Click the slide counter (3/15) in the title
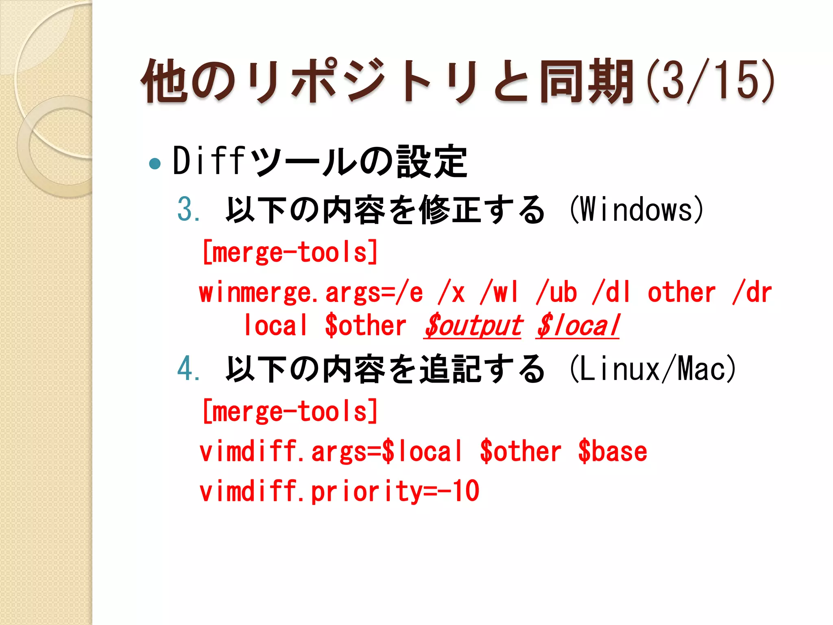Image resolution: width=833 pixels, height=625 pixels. pyautogui.click(x=710, y=80)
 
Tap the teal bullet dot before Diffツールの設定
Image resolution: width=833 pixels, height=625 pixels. pyautogui.click(x=155, y=164)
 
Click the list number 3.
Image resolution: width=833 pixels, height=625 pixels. pyautogui.click(x=188, y=209)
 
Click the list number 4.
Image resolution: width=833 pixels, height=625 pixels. pyautogui.click(x=188, y=369)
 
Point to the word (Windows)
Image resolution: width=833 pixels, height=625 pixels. pyautogui.click(x=637, y=209)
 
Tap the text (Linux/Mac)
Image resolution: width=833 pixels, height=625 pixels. pyautogui.click(x=653, y=369)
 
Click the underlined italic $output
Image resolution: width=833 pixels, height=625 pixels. pyautogui.click(x=473, y=326)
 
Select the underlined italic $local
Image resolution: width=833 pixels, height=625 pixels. pyautogui.click(x=577, y=326)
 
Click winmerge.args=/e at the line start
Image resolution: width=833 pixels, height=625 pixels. pyautogui.click(x=311, y=293)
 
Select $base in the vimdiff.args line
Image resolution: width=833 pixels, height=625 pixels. pyautogui.click(x=613, y=452)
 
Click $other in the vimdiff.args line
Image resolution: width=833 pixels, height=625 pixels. pyautogui.click(x=521, y=452)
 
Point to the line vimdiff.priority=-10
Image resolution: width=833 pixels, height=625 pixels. pyautogui.click(x=339, y=492)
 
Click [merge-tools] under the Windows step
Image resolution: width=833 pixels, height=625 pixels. pyautogui.click(x=290, y=252)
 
